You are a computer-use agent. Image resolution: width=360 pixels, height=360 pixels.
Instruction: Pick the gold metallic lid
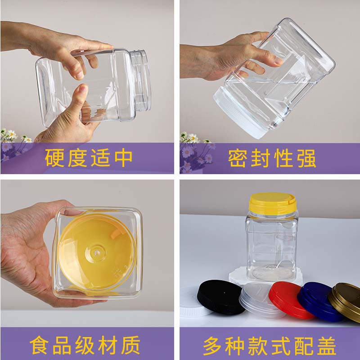click(x=346, y=301)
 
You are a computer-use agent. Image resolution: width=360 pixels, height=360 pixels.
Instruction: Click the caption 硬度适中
click(x=89, y=158)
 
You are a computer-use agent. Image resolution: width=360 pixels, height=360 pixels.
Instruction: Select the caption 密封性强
click(x=272, y=158)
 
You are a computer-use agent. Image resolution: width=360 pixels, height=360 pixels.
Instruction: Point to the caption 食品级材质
click(x=85, y=345)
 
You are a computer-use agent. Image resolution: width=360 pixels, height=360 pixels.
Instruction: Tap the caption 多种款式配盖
click(x=270, y=346)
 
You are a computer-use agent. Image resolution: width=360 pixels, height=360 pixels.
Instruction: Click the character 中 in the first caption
click(x=123, y=158)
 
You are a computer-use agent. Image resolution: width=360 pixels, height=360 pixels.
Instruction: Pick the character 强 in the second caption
click(x=307, y=158)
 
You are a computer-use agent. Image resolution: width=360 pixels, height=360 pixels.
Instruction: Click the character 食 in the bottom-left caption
click(x=39, y=345)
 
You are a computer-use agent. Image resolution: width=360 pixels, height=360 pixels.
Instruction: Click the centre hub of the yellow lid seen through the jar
click(x=96, y=253)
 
